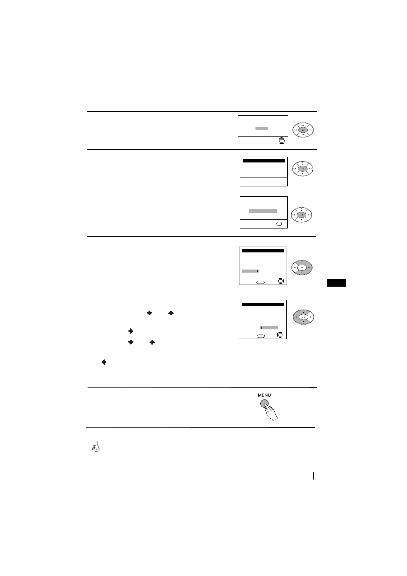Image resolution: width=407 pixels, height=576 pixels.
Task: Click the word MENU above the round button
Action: (264, 395)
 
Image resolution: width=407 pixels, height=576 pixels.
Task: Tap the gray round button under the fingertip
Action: (264, 404)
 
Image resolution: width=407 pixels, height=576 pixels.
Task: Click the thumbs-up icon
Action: (96, 447)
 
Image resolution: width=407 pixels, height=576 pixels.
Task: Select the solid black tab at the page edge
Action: (336, 283)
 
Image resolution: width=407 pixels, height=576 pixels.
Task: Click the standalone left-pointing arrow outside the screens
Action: (104, 362)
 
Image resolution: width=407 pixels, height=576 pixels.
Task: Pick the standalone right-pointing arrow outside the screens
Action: (130, 331)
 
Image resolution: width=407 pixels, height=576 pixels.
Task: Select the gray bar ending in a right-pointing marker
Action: (250, 271)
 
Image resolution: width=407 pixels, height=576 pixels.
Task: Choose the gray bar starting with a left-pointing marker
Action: (269, 328)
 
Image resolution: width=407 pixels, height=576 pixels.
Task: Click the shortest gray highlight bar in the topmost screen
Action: (262, 129)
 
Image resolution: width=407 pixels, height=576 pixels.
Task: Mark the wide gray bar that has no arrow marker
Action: (262, 211)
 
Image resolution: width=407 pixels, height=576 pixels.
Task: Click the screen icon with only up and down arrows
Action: (281, 141)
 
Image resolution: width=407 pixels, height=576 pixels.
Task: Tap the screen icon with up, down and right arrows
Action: (281, 281)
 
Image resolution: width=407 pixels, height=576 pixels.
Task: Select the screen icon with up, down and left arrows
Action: (280, 335)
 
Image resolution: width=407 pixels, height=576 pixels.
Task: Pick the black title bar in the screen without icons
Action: (263, 160)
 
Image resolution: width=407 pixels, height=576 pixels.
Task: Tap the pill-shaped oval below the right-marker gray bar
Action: (261, 282)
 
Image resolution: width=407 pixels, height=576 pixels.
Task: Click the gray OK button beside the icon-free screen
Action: (303, 169)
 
